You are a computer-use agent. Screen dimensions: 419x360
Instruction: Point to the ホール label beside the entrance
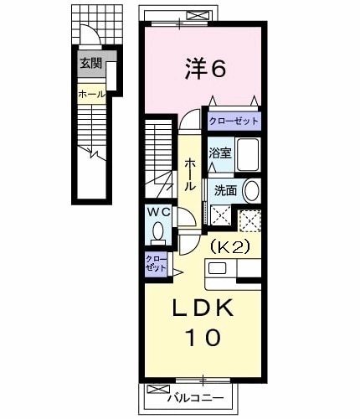pyautogui.click(x=90, y=94)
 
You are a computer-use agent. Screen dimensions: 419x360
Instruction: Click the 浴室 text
pyautogui.click(x=219, y=153)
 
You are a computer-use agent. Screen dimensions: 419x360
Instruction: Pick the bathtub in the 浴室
pyautogui.click(x=246, y=155)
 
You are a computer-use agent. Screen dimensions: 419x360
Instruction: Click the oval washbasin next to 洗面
pyautogui.click(x=250, y=189)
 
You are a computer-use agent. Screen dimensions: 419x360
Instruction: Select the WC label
pyautogui.click(x=160, y=212)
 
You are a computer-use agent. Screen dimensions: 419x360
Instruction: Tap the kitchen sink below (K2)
pyautogui.click(x=217, y=269)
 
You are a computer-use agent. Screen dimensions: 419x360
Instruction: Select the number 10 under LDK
pyautogui.click(x=201, y=338)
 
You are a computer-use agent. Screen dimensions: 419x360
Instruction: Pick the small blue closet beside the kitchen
pyautogui.click(x=154, y=265)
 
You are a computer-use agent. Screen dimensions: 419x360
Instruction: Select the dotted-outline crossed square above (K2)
pyautogui.click(x=249, y=220)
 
